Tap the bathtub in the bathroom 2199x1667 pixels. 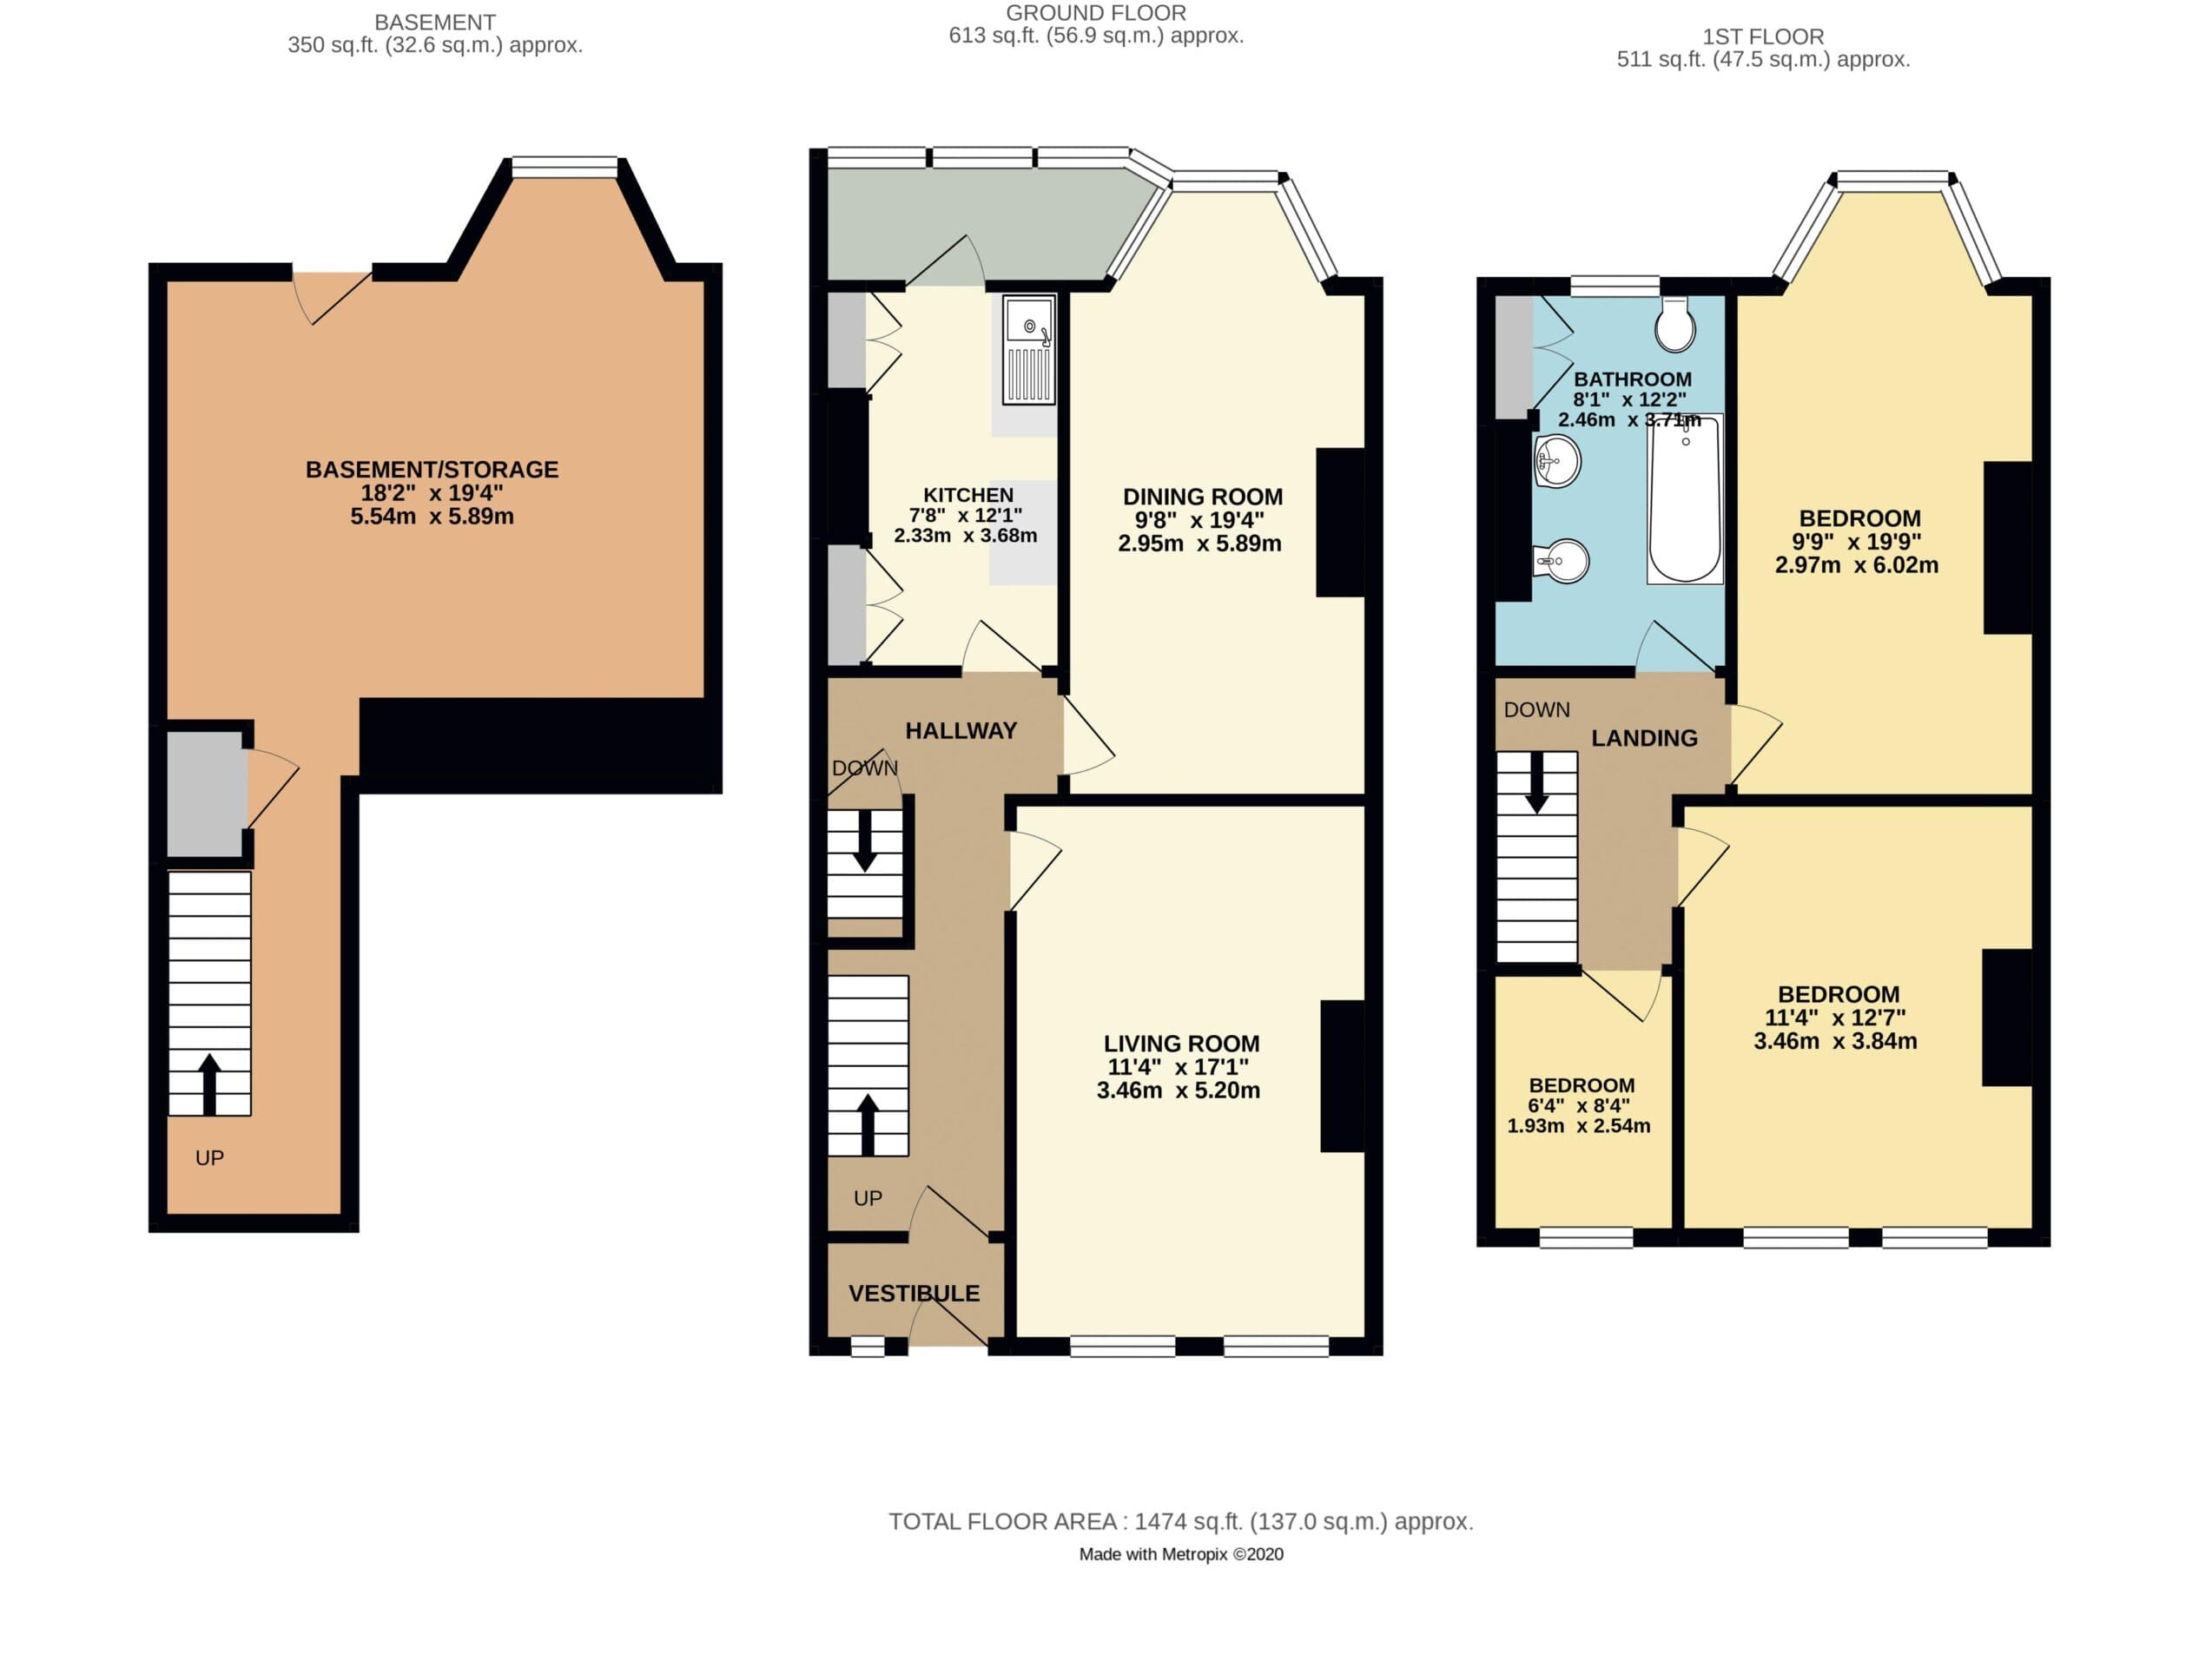(1685, 500)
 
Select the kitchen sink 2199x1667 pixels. (1029, 350)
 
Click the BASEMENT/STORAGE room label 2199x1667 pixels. (432, 469)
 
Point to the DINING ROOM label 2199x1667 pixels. (1202, 497)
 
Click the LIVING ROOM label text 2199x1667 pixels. (1181, 1044)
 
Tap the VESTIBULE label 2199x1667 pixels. (914, 1294)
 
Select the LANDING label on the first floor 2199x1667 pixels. (1644, 738)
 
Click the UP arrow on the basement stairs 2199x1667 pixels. (208, 1084)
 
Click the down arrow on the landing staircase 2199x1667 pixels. (1537, 784)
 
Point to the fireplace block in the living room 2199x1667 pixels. (1342, 1076)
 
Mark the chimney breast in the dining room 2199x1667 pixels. (1339, 523)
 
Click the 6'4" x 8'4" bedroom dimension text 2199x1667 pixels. (1579, 1105)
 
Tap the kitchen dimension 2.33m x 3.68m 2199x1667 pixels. (965, 536)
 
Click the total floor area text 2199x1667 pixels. (1180, 1522)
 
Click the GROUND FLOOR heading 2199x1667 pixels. (1095, 13)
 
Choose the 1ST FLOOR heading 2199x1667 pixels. (1762, 36)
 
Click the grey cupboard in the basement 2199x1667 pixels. (205, 794)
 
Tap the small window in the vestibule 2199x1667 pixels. (867, 1347)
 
